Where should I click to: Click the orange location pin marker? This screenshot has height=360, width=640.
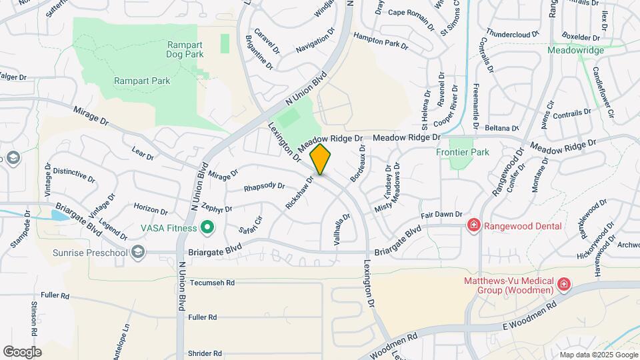(x=321, y=159)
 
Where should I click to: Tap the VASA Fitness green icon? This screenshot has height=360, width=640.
(x=207, y=229)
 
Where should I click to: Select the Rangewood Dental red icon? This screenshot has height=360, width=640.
(x=474, y=226)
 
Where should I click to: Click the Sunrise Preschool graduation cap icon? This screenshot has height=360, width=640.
(x=138, y=251)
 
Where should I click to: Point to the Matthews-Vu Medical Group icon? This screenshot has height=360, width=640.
(x=564, y=285)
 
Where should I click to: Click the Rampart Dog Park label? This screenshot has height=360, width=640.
(x=185, y=49)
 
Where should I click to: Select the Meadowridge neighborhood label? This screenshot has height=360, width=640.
(x=575, y=50)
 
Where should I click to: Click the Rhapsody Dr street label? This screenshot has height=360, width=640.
(x=264, y=187)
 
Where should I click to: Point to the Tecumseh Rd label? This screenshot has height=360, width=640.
(x=213, y=283)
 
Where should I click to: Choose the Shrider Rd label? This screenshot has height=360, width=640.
(x=205, y=353)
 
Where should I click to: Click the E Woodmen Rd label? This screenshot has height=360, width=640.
(x=529, y=316)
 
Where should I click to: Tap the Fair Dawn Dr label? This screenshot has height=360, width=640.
(x=441, y=215)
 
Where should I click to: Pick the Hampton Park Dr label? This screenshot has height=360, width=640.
(x=381, y=41)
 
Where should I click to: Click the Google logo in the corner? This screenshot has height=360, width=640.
(x=22, y=351)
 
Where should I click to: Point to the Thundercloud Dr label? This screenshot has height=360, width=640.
(x=512, y=33)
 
